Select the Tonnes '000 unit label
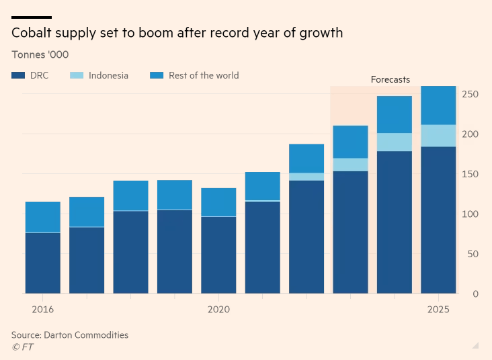point(40,54)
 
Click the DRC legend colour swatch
point(18,76)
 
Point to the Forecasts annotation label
point(390,79)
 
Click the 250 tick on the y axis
point(470,95)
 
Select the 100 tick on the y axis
point(470,214)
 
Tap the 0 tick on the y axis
point(475,294)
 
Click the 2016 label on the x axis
point(42,310)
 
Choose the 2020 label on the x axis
point(218,310)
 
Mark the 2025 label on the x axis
point(438,310)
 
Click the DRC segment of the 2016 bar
point(42,263)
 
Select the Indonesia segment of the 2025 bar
point(438,136)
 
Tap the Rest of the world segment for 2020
point(218,202)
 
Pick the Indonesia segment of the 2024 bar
point(395,142)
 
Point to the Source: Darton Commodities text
point(69,334)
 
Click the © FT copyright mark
point(22,347)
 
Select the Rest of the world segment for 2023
point(350,142)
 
